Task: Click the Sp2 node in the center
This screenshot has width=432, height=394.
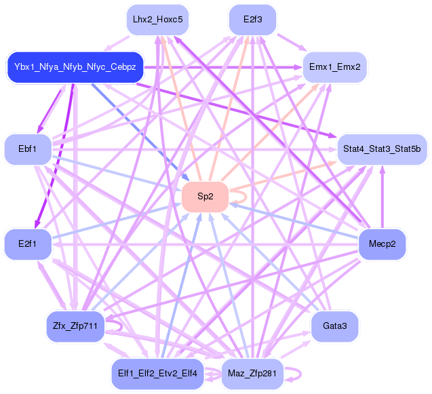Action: tap(205, 197)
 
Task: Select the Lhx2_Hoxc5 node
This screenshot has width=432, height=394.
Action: tap(157, 20)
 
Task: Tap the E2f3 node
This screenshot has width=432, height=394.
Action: tap(252, 20)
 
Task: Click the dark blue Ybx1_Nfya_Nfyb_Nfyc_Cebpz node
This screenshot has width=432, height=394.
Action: tap(75, 67)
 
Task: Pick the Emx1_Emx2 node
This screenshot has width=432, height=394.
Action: tap(334, 67)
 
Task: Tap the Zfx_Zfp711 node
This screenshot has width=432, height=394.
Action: tap(75, 326)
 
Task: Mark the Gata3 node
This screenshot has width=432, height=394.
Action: tap(334, 326)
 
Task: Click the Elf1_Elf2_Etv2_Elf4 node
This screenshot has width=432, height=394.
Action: tap(157, 374)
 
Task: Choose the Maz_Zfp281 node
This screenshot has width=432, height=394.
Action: tap(252, 374)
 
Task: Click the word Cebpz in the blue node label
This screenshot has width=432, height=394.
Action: tap(123, 67)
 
